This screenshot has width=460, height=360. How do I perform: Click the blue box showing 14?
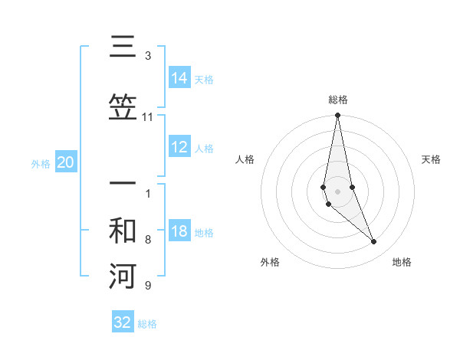click(x=179, y=77)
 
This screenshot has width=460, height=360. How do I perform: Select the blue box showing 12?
click(x=179, y=148)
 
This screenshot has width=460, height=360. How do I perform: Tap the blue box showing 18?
click(x=179, y=232)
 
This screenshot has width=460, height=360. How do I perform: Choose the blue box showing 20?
click(x=65, y=162)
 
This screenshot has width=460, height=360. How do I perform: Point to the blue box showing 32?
click(x=123, y=322)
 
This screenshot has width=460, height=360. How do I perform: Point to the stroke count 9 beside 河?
click(x=147, y=286)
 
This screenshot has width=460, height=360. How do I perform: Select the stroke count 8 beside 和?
click(x=147, y=240)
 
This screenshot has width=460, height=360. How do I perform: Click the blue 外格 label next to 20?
click(x=41, y=163)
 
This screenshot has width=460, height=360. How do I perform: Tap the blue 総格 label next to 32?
click(x=147, y=323)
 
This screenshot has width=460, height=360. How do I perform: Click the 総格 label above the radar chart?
click(x=337, y=100)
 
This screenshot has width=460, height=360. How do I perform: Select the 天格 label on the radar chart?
click(x=431, y=159)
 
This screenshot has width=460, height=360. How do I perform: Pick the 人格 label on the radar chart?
click(x=245, y=159)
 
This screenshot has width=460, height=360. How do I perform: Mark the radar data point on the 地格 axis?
click(x=374, y=242)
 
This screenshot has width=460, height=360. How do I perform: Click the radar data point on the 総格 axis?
click(x=337, y=116)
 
